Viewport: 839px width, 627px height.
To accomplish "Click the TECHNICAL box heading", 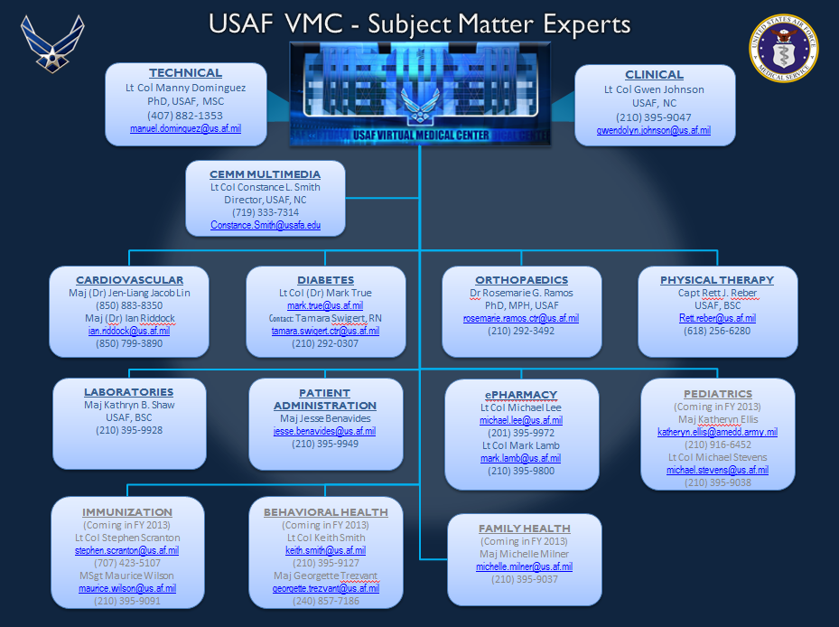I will pyautogui.click(x=185, y=72).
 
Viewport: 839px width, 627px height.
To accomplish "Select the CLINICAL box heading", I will pyautogui.click(x=654, y=75).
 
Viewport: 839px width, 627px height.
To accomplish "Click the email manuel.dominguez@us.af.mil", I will pyautogui.click(x=185, y=129).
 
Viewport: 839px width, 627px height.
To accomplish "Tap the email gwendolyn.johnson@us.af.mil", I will pyautogui.click(x=654, y=130).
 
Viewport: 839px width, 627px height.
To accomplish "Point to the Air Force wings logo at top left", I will pyautogui.click(x=52, y=43).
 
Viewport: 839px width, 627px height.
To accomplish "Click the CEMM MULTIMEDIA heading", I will pyautogui.click(x=265, y=173).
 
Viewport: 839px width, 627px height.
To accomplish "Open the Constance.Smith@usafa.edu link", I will pyautogui.click(x=266, y=225).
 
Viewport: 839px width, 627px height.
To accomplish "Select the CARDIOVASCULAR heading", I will pyautogui.click(x=129, y=280).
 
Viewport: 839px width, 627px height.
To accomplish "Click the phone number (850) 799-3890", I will pyautogui.click(x=129, y=343).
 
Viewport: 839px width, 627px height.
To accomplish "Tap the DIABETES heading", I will pyautogui.click(x=325, y=280).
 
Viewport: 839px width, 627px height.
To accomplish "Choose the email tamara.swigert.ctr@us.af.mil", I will pyautogui.click(x=325, y=331).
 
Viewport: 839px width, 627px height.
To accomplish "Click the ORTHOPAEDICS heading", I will pyautogui.click(x=521, y=280).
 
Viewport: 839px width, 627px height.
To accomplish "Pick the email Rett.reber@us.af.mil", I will pyautogui.click(x=718, y=318).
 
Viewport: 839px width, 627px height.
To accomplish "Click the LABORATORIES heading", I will pyautogui.click(x=128, y=392).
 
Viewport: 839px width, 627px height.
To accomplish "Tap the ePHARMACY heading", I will pyautogui.click(x=521, y=394).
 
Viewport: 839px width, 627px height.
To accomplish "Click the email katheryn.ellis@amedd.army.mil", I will pyautogui.click(x=717, y=432).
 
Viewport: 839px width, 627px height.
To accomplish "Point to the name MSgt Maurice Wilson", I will pyautogui.click(x=126, y=575).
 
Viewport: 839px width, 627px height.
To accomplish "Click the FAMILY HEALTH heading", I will pyautogui.click(x=524, y=528).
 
